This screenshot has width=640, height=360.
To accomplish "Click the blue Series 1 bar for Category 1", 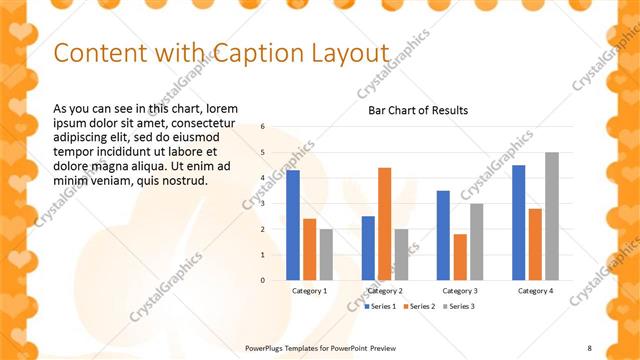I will point(293,225).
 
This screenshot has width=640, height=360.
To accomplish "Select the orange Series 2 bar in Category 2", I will point(385,224).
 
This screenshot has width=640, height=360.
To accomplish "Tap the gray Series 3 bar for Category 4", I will point(552,216).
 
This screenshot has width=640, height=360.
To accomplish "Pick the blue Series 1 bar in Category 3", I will point(443,235).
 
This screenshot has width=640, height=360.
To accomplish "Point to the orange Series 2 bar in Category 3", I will point(459,257).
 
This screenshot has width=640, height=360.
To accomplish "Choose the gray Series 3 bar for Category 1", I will point(326,254).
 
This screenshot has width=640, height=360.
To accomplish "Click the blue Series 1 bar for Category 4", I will point(518,222).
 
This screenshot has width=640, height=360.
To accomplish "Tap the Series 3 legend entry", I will point(459,306).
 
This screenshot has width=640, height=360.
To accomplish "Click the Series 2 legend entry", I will point(420,306).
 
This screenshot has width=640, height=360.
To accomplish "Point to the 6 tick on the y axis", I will point(262,127).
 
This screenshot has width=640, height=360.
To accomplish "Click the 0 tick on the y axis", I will point(262,280).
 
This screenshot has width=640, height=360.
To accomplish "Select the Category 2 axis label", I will point(385,291).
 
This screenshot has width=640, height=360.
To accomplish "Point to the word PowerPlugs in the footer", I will point(268,347).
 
